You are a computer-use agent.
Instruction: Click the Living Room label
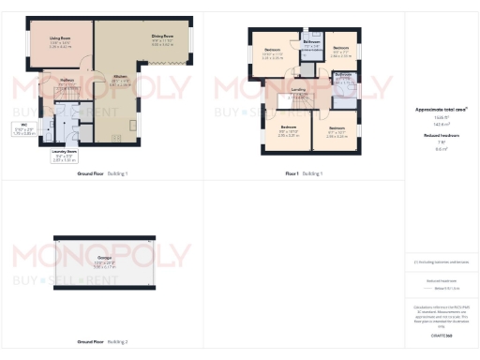60,38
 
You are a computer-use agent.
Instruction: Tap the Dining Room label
162,37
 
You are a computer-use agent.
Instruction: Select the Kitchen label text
120,77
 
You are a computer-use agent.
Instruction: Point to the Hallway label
67,80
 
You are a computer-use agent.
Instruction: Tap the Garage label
104,256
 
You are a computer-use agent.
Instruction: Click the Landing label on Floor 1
298,90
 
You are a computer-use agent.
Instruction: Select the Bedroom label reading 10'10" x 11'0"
272,49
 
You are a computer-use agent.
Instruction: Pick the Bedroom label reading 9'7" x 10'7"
337,127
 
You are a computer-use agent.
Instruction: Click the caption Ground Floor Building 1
103,174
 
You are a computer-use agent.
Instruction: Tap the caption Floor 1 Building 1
304,174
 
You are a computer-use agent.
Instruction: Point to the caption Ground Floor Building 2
103,341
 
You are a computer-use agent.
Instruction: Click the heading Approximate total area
441,110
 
